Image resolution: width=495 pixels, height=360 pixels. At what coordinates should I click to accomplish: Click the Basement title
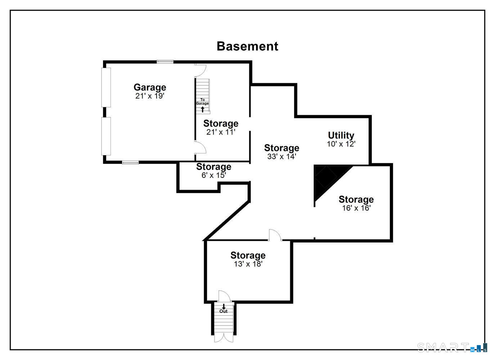247,46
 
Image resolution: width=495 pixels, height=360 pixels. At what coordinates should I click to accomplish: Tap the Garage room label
150,87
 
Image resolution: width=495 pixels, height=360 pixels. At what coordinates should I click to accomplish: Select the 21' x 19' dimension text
150,96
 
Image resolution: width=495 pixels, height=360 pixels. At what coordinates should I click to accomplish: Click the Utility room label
341,135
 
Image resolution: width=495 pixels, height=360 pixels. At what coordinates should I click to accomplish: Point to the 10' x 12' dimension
341,144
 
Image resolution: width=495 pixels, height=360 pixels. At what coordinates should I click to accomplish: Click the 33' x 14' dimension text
282,157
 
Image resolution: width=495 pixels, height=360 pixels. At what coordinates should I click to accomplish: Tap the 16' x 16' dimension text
356,208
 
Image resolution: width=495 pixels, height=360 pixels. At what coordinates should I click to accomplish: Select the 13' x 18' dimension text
248,264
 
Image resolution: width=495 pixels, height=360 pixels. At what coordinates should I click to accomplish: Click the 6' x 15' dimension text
213,175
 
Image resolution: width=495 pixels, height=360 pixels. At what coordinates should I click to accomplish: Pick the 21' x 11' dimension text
221,132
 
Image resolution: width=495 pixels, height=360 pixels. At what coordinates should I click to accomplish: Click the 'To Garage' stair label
202,102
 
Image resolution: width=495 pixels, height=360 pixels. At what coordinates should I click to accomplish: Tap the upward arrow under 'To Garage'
202,109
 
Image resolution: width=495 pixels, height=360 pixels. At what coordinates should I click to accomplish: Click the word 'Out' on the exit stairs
224,311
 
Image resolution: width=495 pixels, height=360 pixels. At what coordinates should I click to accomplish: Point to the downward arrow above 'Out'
224,306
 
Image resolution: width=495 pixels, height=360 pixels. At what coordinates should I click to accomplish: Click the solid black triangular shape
326,180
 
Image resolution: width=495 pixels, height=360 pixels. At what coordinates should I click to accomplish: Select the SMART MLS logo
452,347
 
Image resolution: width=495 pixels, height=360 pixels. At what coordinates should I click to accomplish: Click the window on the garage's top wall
165,62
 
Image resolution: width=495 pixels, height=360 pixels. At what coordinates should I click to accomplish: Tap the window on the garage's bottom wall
130,163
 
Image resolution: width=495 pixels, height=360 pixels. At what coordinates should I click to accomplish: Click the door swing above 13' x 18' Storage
275,235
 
